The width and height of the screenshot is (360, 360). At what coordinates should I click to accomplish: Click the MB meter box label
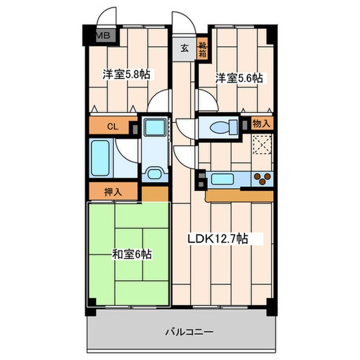pos(103,35)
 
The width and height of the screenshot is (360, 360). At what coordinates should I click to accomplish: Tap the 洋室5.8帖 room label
pos(127,74)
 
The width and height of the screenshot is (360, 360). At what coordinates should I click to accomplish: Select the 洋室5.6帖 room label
pos(239,78)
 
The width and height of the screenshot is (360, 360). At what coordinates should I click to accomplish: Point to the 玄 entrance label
pos(184,48)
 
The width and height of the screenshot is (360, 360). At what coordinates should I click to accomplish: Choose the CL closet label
pos(113,127)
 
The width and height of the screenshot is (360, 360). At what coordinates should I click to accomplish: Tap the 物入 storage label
pos(261,123)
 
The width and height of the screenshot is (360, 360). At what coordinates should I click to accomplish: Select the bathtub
pos(100,158)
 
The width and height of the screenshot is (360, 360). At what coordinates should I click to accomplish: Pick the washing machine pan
pos(155,127)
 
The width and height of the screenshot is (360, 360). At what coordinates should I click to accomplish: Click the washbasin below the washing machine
pos(155,173)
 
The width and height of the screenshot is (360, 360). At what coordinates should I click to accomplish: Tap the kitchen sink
pos(222,179)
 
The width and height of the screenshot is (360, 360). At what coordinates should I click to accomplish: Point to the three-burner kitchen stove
pos(262,179)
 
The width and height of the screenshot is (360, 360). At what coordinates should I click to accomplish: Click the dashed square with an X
pos(262,145)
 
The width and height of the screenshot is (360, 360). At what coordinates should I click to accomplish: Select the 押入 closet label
pos(113,192)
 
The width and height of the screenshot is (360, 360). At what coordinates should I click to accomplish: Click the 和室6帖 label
pos(132,254)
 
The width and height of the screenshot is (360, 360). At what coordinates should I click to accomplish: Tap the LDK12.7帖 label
pos(218,239)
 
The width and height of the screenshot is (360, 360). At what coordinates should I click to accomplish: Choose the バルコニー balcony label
pos(189,332)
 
